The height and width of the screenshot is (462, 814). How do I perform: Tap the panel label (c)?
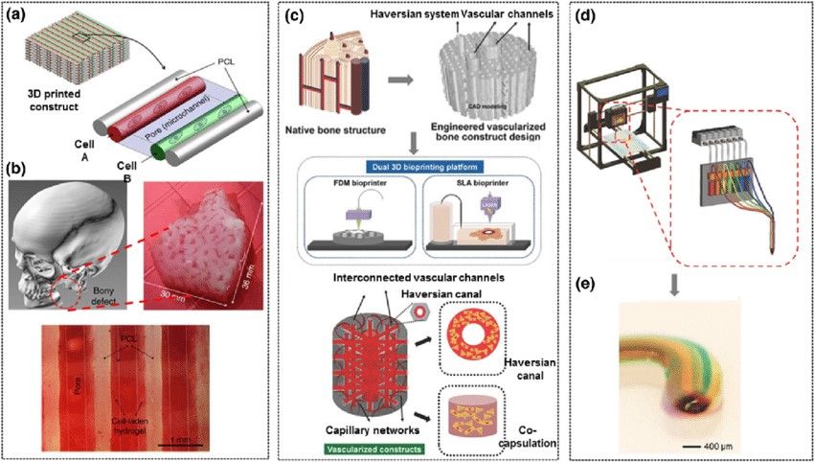pos(299,15)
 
